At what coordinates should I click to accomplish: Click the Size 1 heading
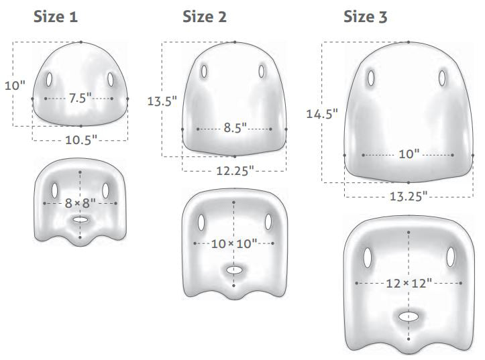(x=56, y=17)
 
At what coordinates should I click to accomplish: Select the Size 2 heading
(x=205, y=17)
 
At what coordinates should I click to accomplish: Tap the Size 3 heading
(x=366, y=17)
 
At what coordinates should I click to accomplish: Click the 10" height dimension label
(x=15, y=85)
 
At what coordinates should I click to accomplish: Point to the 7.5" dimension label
(x=80, y=99)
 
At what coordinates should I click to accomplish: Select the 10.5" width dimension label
(x=81, y=140)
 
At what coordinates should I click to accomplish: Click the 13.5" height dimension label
(x=162, y=101)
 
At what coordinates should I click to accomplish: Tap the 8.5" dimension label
(x=235, y=127)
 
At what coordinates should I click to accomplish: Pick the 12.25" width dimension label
(x=235, y=170)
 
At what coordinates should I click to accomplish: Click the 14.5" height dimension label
(x=322, y=114)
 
